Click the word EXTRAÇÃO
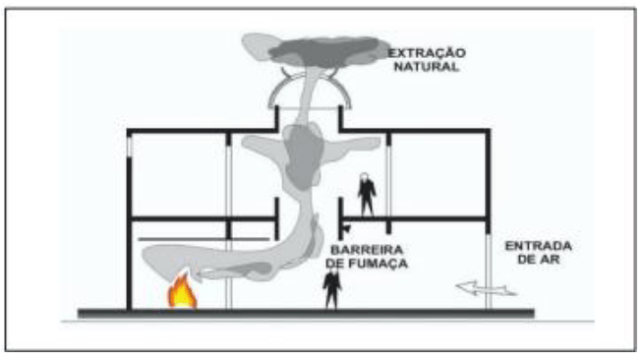tap(427, 52)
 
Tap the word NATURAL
tap(427, 67)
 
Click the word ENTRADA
tap(539, 246)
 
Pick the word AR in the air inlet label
tap(551, 259)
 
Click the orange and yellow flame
tap(182, 291)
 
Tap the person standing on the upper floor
tap(366, 195)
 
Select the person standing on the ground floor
tap(332, 286)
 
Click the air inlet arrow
tap(486, 288)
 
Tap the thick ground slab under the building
tap(306, 314)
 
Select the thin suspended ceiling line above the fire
tap(204, 239)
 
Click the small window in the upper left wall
tap(130, 148)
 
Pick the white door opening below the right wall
tap(489, 271)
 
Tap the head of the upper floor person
tap(364, 177)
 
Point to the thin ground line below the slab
tap(327, 322)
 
